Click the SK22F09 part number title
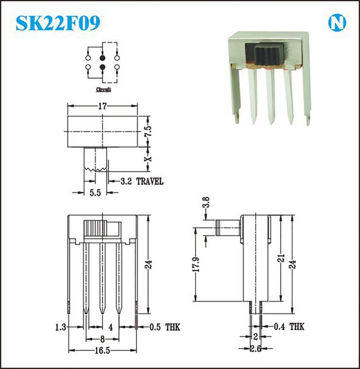coord(58,23)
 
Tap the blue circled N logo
coord(337,23)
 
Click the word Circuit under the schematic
coord(103,90)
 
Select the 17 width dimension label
coord(102,106)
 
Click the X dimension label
coord(148,159)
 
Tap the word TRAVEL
coord(150,182)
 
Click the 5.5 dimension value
coord(95,193)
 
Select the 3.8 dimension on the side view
coord(206,203)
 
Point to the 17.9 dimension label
coord(196,264)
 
